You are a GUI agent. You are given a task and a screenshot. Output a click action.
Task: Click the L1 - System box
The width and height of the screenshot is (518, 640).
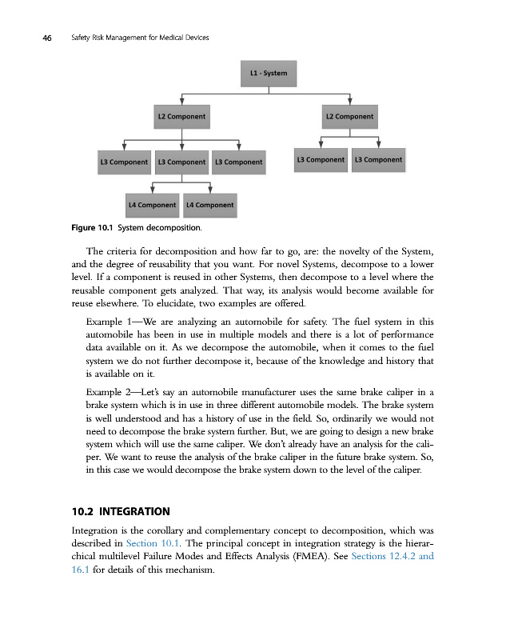click(269, 74)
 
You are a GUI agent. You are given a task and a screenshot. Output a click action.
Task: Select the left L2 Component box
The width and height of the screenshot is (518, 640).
click(182, 116)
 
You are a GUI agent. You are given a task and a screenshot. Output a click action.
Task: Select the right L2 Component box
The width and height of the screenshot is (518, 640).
click(349, 116)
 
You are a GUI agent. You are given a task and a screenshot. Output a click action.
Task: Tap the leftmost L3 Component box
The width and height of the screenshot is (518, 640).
click(123, 162)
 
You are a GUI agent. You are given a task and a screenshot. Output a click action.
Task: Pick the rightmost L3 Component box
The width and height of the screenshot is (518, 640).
click(378, 159)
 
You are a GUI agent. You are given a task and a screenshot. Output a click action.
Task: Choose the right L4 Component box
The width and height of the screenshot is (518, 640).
click(209, 205)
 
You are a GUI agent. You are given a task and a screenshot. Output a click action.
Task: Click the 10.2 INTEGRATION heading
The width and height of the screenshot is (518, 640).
click(121, 510)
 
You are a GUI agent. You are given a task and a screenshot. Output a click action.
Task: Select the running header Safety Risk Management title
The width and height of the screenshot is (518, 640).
click(134, 38)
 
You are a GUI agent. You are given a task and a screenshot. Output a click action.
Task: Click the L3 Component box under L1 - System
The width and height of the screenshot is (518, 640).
click(237, 162)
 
